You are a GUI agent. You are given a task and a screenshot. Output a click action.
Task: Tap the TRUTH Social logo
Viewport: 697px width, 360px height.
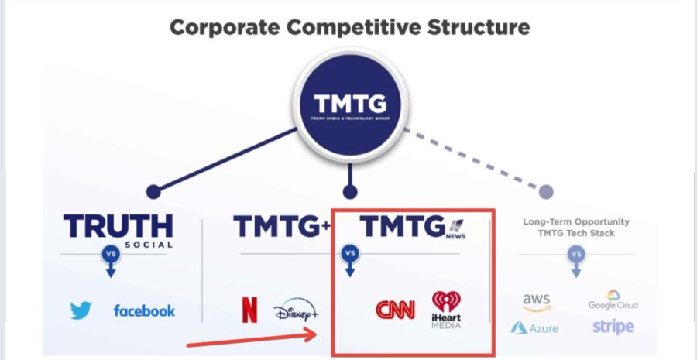(118, 228)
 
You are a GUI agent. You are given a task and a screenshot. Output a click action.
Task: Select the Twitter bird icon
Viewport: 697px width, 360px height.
(81, 310)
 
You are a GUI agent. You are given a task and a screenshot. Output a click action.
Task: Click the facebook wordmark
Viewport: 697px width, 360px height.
(144, 310)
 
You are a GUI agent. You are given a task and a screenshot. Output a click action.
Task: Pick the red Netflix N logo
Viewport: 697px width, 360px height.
(249, 310)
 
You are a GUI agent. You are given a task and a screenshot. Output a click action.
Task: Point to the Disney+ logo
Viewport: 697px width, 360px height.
(296, 312)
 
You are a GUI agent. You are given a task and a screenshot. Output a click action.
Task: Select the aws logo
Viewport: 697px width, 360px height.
(536, 301)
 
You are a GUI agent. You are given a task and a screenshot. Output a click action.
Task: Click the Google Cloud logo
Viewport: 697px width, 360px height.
(613, 300)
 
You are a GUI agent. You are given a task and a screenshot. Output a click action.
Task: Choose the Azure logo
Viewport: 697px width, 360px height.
(534, 327)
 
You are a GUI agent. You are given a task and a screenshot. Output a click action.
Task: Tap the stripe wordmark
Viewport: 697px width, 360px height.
(613, 326)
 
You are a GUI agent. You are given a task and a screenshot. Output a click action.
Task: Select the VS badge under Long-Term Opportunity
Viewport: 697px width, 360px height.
(576, 254)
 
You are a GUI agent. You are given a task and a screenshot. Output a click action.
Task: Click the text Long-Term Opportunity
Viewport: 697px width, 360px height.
(576, 221)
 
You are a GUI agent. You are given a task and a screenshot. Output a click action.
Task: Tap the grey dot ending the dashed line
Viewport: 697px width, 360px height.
(546, 191)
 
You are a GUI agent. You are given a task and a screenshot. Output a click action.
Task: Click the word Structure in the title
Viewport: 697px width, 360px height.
(472, 28)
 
